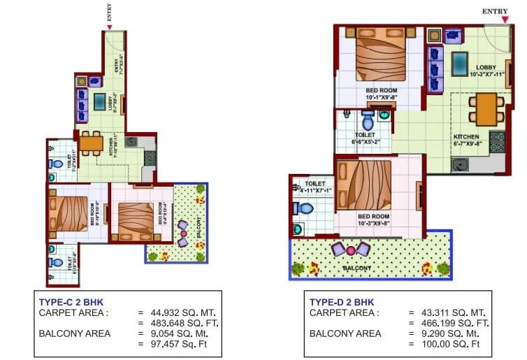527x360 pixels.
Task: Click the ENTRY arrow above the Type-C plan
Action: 109,27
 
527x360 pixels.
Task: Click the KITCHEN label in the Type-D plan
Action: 465,137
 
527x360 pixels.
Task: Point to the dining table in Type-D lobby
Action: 482,108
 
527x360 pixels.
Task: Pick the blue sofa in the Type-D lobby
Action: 434,69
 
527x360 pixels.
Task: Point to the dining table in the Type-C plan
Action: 91,144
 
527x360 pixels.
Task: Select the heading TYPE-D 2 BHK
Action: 341,301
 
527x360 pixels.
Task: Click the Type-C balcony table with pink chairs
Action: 184,233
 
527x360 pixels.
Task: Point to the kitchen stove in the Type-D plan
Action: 497,141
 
